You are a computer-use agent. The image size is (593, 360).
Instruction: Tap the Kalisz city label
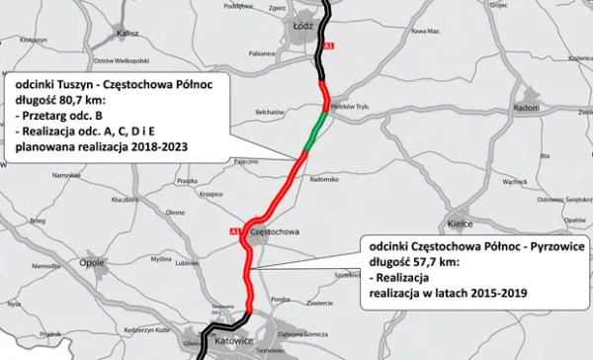(x=127, y=33)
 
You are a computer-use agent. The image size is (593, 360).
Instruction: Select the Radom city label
(x=526, y=107)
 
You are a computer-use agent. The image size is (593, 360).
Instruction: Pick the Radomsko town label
(x=324, y=180)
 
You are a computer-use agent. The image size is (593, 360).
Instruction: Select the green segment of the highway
(x=314, y=133)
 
